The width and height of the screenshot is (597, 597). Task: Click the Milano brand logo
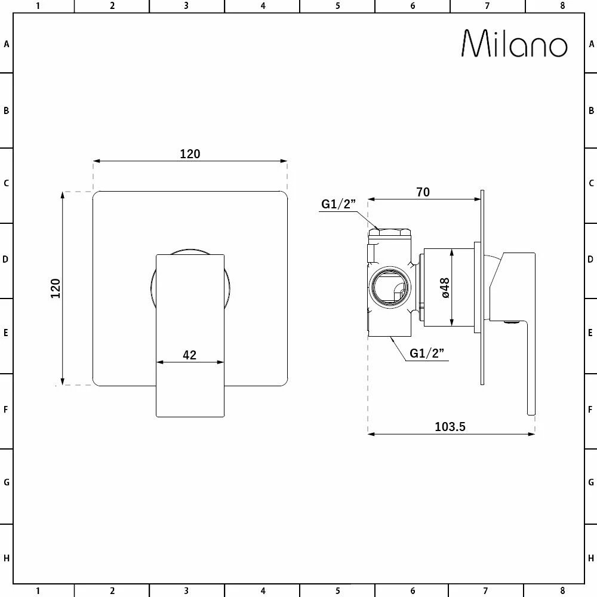pyautogui.click(x=514, y=44)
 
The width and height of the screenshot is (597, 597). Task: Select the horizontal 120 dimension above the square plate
pyautogui.click(x=190, y=154)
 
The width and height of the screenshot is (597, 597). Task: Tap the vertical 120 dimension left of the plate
pyautogui.click(x=56, y=288)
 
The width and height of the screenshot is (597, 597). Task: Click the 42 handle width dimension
pyautogui.click(x=189, y=355)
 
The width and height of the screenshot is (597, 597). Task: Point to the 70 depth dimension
pyautogui.click(x=423, y=192)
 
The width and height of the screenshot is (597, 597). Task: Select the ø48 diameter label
pyautogui.click(x=445, y=287)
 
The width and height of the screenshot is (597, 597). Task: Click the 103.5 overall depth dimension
pyautogui.click(x=450, y=426)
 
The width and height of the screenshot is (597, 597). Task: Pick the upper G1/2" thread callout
pyautogui.click(x=338, y=204)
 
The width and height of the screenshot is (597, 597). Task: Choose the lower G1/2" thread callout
pyautogui.click(x=428, y=353)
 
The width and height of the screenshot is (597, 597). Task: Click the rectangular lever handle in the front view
pyautogui.click(x=190, y=334)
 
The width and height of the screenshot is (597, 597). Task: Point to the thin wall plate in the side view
pyautogui.click(x=482, y=287)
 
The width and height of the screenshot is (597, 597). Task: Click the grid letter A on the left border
pyautogui.click(x=7, y=44)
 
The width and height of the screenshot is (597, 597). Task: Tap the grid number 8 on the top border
pyautogui.click(x=562, y=6)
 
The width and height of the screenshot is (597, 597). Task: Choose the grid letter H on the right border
pyautogui.click(x=591, y=558)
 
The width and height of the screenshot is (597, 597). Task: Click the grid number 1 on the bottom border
pyautogui.click(x=38, y=591)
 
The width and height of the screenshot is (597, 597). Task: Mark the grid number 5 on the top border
pyautogui.click(x=337, y=6)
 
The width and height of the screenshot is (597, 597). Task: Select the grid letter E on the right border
pyautogui.click(x=591, y=333)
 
